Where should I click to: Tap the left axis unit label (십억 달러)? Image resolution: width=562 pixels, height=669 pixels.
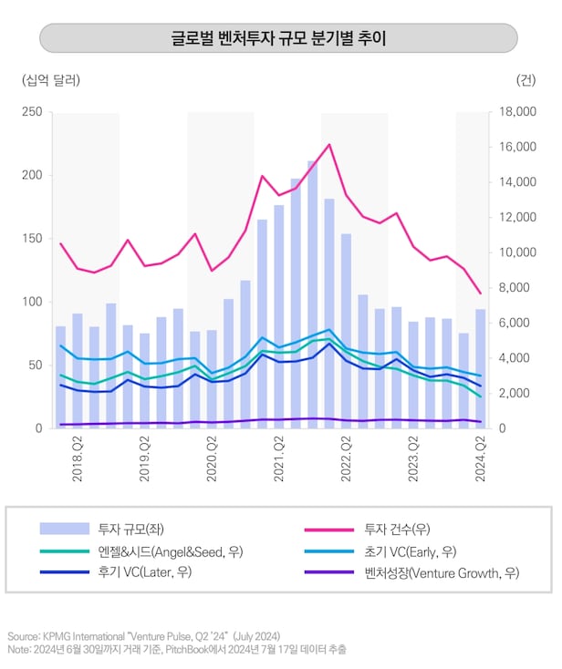coord(51,80)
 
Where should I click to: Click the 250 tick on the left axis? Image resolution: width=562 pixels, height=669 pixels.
coord(31,112)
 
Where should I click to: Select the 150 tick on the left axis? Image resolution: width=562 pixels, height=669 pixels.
coord(31,239)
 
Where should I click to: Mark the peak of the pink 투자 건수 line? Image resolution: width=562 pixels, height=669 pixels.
coord(329,144)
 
